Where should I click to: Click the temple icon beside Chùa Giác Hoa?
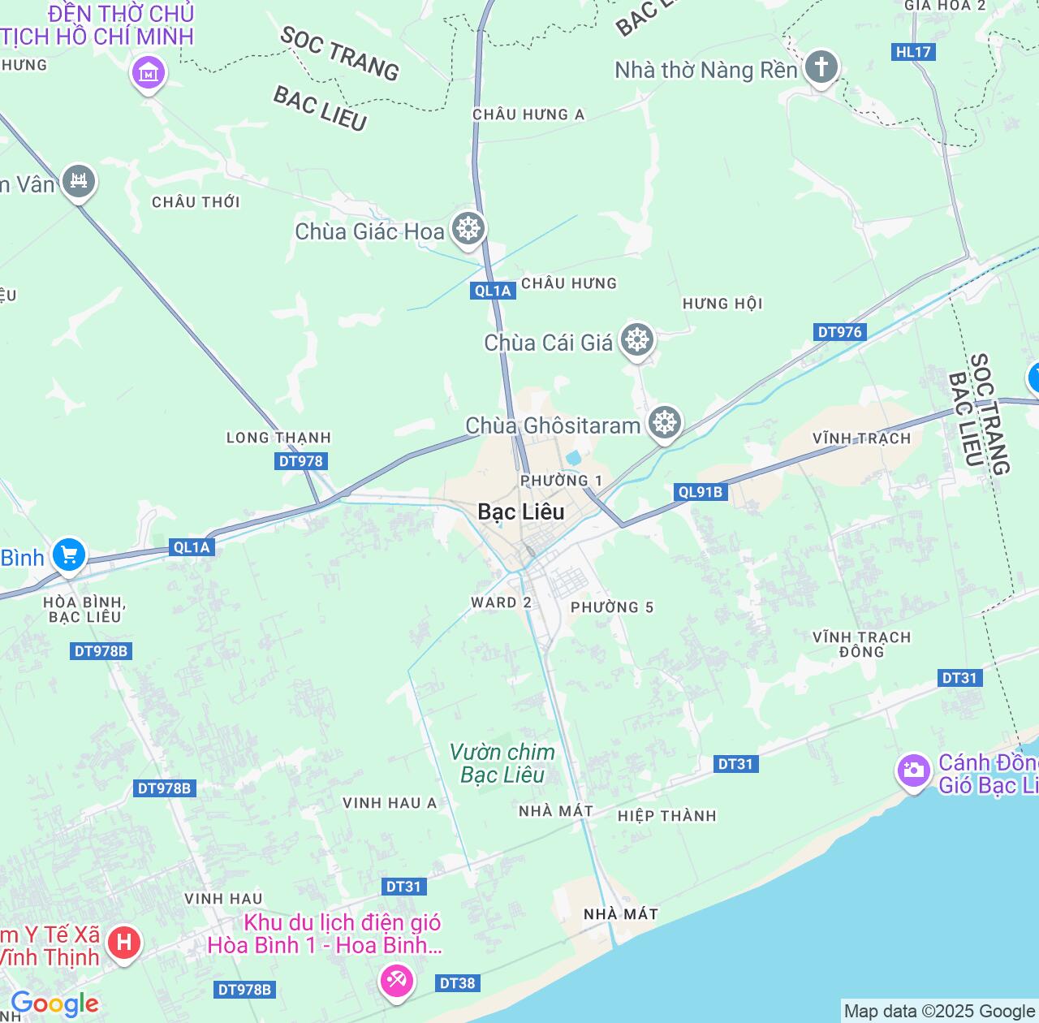468,228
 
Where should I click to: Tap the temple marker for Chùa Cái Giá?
637,340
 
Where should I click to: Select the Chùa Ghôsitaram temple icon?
665,423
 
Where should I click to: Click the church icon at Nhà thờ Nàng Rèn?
821,67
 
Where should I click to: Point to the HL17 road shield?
913,52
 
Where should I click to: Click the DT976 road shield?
840,332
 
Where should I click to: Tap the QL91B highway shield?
701,492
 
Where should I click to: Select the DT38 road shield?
457,983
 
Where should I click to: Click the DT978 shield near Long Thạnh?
301,461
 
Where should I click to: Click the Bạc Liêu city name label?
521,511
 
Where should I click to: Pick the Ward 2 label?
501,602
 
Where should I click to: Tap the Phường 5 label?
612,607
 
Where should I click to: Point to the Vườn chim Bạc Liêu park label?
502,763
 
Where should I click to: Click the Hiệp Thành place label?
667,816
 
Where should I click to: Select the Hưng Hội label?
722,304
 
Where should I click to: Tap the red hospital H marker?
123,943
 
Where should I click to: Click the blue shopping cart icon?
69,555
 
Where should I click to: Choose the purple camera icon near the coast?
914,770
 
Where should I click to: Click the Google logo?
54,1004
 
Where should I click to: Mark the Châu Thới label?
196,201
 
